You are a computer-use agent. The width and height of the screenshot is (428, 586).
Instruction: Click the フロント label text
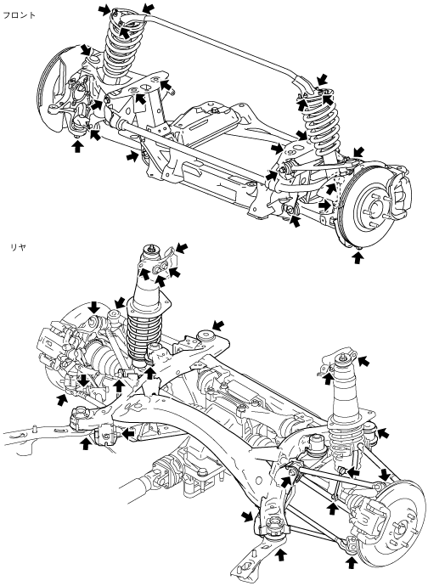pos(19,15)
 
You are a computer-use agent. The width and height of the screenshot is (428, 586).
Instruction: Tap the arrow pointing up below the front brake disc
pos(358,258)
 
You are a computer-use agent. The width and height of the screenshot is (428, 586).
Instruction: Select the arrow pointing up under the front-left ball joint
pos(77,146)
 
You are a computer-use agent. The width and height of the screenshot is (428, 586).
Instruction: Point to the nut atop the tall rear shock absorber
pos(151,248)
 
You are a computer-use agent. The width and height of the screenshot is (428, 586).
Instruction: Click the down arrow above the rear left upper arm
pos(94,307)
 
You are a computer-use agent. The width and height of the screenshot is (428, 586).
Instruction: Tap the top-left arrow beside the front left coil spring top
pos(104,10)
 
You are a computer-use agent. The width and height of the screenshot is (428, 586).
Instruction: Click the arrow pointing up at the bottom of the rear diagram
pos(280,555)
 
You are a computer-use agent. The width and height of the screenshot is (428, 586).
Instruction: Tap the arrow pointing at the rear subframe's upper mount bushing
pos(218,324)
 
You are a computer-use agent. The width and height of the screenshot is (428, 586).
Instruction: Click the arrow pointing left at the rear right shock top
pos(363,362)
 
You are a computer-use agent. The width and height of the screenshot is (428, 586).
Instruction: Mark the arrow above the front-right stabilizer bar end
pos(322,79)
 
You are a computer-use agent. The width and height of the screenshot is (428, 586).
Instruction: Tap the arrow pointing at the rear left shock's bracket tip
pos(182,247)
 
